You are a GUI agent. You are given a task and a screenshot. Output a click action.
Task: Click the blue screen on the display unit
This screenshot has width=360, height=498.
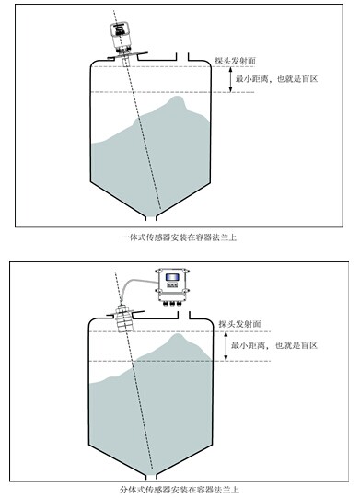tap(172, 277)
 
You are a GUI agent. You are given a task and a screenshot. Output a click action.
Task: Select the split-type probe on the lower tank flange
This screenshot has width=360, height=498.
tap(124, 318)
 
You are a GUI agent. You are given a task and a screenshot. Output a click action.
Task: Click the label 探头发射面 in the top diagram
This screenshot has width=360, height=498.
tap(236, 61)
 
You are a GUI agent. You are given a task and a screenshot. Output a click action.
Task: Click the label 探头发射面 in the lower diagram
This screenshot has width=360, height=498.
tap(239, 324)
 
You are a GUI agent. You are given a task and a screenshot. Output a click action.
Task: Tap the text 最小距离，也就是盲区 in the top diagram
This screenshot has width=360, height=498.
tap(276, 79)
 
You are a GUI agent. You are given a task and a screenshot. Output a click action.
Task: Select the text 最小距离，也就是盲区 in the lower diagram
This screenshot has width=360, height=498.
tap(274, 345)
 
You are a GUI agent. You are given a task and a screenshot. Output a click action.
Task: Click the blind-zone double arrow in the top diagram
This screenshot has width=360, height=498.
tap(231, 79)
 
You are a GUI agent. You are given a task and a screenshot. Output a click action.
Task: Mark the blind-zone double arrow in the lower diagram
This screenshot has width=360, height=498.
tap(226, 346)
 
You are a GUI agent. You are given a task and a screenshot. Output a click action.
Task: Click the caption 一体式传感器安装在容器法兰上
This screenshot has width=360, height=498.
tap(180, 237)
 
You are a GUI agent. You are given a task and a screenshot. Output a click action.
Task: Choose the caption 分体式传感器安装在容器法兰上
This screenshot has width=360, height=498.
tap(180, 490)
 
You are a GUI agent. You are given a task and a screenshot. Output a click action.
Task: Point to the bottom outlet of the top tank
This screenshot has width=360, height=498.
tap(151, 218)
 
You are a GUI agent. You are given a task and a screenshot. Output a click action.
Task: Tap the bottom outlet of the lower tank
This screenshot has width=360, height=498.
tap(151, 477)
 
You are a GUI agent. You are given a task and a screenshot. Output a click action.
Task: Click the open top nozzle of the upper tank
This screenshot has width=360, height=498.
tap(182, 56)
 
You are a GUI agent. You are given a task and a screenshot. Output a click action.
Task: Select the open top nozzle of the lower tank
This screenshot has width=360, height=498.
tap(183, 315)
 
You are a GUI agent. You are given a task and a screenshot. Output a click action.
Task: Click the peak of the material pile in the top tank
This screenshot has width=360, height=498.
tap(177, 97)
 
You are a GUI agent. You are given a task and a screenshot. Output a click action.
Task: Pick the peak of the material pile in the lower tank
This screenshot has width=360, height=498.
tap(178, 335)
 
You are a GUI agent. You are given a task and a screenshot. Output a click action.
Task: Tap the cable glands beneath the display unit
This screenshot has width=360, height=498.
tap(172, 304)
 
